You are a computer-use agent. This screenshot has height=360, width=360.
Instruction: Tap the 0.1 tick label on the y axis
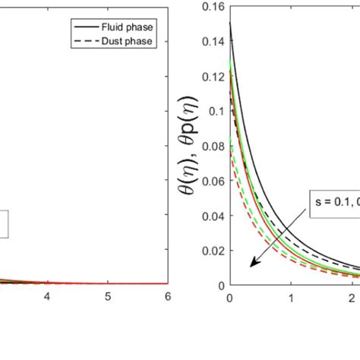tap(217, 111)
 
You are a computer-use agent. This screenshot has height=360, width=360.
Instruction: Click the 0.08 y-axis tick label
tap(214, 146)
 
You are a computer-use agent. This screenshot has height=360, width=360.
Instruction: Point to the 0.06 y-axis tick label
tap(214, 181)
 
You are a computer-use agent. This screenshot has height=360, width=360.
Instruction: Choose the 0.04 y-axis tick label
tap(214, 216)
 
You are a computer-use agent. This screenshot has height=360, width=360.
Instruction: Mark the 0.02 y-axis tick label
tap(214, 250)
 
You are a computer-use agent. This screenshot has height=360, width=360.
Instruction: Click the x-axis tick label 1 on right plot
tap(290, 297)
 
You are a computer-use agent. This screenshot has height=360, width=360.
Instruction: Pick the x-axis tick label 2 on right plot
tap(350, 297)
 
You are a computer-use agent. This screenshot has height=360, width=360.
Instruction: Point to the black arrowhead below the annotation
tap(253, 264)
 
